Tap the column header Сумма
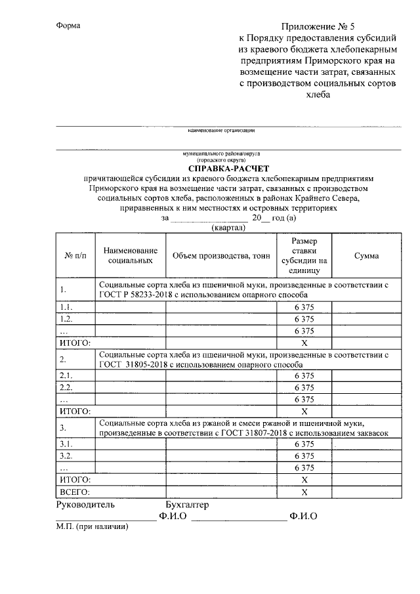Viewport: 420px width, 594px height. click(366, 256)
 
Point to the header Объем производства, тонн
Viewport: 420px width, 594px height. click(221, 256)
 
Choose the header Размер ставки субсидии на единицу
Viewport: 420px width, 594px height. click(304, 255)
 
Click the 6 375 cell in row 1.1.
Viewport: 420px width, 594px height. click(304, 307)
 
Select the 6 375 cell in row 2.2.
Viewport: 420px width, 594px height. click(304, 387)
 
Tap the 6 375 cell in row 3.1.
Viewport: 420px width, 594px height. click(304, 444)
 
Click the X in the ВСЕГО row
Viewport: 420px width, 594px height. click(304, 492)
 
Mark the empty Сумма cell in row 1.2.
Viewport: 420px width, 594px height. click(366, 319)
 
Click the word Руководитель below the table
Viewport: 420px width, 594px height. click(86, 505)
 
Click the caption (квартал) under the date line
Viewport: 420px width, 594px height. click(228, 228)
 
